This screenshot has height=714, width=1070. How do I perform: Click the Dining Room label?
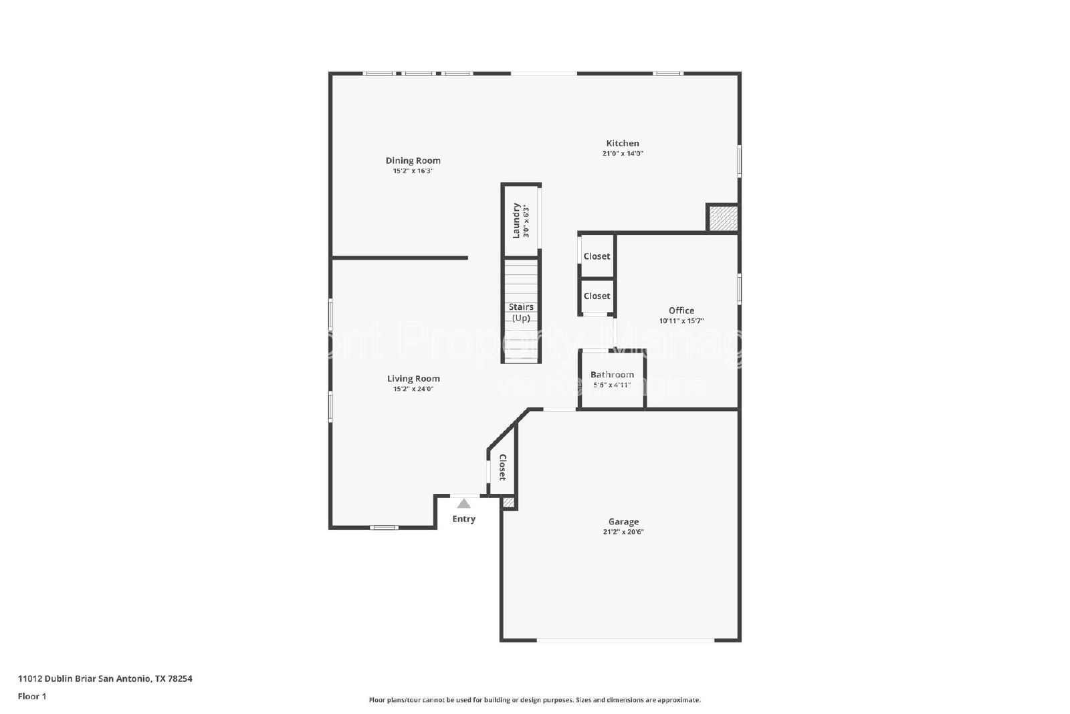tap(413, 161)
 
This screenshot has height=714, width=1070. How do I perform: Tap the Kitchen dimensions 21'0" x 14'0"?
tap(623, 153)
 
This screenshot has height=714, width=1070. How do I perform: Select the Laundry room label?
tap(516, 220)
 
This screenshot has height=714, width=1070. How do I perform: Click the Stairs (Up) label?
tap(521, 313)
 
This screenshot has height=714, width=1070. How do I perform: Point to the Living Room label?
tap(413, 379)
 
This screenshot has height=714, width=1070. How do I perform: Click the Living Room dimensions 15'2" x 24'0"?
tap(413, 389)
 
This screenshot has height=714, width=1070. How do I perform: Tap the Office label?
tap(681, 310)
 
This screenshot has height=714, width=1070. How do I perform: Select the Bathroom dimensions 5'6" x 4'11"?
tap(612, 385)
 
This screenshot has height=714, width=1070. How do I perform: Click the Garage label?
tap(623, 522)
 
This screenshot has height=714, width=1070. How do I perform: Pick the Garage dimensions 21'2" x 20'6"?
tap(623, 532)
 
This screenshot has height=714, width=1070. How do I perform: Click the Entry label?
tap(463, 519)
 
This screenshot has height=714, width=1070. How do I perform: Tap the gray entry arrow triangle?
tap(463, 503)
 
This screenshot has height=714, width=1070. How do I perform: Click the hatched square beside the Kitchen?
tap(722, 218)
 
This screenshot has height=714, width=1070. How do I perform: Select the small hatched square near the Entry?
tap(508, 502)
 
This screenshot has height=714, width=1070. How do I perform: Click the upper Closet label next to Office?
tap(597, 256)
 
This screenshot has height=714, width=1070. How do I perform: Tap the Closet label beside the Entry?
tap(502, 467)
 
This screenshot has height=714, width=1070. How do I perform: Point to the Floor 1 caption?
tap(32, 697)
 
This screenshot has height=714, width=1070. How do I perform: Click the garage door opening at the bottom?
tap(625, 640)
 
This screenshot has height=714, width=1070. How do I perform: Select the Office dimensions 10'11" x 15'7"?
tap(681, 321)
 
